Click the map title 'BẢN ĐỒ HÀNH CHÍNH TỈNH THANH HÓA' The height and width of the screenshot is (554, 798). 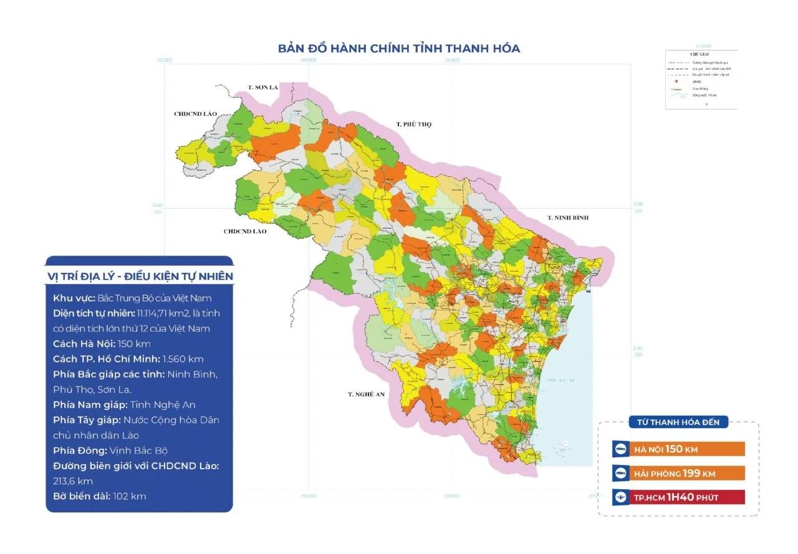pyautogui.click(x=398, y=49)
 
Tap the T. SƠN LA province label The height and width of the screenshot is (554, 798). pyautogui.click(x=262, y=87)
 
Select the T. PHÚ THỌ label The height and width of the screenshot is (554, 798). pyautogui.click(x=413, y=125)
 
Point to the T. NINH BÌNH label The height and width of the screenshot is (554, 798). pyautogui.click(x=567, y=217)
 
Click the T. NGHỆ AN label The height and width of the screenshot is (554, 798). pyautogui.click(x=368, y=394)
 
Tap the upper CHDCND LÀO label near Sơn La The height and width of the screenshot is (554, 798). pyautogui.click(x=195, y=114)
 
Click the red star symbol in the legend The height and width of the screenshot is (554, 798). pyautogui.click(x=675, y=82)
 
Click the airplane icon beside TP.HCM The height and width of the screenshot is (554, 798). pyautogui.click(x=620, y=497)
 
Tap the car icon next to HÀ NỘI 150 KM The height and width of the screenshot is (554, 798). pyautogui.click(x=620, y=449)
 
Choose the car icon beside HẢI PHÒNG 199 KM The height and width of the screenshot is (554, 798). pyautogui.click(x=620, y=473)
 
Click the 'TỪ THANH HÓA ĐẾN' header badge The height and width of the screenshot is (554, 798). pyautogui.click(x=678, y=423)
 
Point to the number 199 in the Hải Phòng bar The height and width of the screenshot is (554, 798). pyautogui.click(x=691, y=474)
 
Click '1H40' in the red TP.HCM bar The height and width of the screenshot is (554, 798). pyautogui.click(x=680, y=497)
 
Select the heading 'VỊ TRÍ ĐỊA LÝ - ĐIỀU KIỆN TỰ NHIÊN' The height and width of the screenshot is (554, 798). pyautogui.click(x=140, y=276)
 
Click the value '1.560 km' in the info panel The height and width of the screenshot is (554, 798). pyautogui.click(x=183, y=359)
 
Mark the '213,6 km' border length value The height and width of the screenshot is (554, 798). pyautogui.click(x=73, y=481)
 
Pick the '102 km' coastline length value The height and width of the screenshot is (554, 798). pyautogui.click(x=130, y=496)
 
